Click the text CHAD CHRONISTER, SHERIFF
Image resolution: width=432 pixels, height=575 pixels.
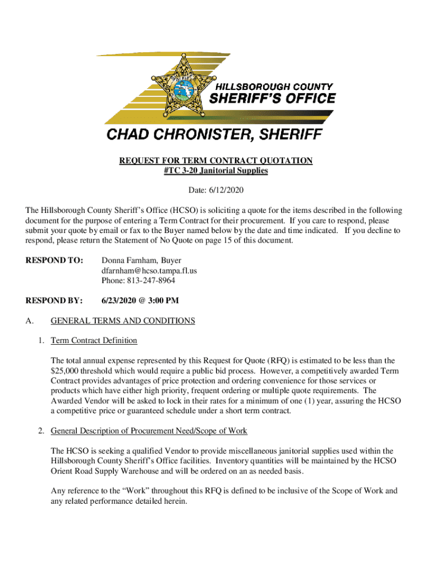[215, 135]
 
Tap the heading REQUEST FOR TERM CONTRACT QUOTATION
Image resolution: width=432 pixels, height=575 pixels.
[215, 161]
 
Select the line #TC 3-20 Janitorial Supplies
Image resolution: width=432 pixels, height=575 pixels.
[215, 171]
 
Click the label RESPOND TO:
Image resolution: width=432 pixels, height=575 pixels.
[54, 261]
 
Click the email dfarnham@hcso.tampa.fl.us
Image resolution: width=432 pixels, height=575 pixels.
[149, 271]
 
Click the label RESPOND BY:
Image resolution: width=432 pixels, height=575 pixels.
[54, 300]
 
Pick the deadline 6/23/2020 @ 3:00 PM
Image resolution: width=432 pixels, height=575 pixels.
[140, 300]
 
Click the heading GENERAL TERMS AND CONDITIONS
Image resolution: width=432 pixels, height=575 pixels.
[123, 321]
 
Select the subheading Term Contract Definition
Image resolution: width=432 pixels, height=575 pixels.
[94, 340]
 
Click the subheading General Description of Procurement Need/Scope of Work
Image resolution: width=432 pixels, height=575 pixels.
[149, 431]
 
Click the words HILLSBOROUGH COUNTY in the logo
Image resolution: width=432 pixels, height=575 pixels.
[274, 87]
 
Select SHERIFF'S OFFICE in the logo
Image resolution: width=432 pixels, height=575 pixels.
[272, 99]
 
